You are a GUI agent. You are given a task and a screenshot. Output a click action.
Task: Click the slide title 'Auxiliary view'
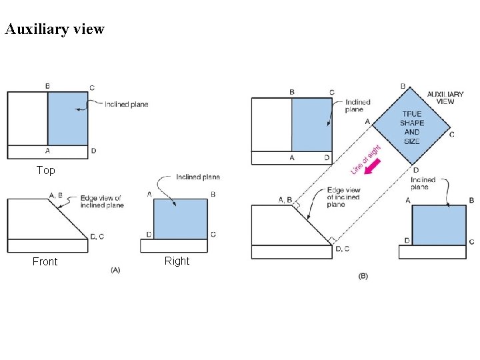[55, 29]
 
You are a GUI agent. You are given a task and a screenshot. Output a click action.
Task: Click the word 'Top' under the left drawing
[46, 171]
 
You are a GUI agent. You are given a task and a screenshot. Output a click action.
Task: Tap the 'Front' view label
[45, 262]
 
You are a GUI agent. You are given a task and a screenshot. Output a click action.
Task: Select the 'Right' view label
[177, 261]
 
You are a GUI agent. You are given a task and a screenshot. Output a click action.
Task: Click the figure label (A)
[115, 269]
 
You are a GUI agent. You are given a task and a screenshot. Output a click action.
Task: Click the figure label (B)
[363, 275]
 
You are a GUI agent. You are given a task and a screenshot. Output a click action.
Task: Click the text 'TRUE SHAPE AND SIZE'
[412, 127]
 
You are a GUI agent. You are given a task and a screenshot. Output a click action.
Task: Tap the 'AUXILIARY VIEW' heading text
[445, 98]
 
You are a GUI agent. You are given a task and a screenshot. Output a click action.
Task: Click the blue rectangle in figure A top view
[68, 118]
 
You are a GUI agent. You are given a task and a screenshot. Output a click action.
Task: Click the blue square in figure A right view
[181, 219]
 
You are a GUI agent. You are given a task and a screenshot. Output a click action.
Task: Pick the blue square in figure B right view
[439, 225]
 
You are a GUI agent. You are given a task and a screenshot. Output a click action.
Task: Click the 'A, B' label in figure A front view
[56, 195]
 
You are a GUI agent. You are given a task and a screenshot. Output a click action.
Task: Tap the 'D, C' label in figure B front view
[343, 249]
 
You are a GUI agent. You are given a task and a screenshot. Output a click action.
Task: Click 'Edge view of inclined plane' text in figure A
[101, 201]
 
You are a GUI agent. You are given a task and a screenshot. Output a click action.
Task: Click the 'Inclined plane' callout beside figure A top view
[127, 104]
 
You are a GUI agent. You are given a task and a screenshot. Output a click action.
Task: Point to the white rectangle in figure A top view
[27, 118]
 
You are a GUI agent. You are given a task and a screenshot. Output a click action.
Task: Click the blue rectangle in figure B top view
[312, 125]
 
